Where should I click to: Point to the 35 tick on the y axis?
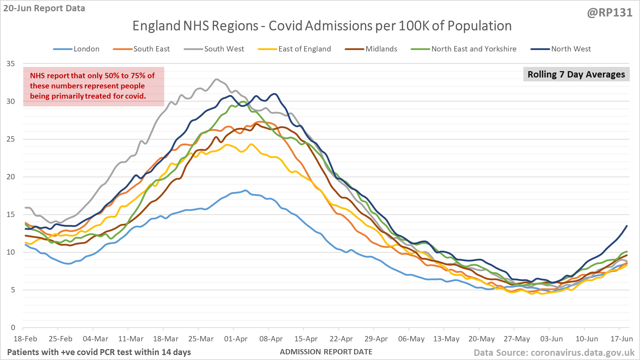coord(11,64)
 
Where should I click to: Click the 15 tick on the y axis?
coord(11,215)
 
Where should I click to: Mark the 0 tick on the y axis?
coord(13,328)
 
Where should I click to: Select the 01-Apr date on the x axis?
coord(236,339)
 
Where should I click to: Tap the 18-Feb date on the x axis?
coord(25,339)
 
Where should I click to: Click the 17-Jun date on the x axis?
coord(622,339)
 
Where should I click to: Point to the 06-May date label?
coord(411,339)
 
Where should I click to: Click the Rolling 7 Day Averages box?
coord(576,74)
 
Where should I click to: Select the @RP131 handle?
coord(610,13)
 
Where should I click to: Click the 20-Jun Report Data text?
coord(44,8)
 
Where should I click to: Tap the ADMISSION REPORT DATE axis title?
coord(326,352)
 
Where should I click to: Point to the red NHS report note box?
coord(93,86)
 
